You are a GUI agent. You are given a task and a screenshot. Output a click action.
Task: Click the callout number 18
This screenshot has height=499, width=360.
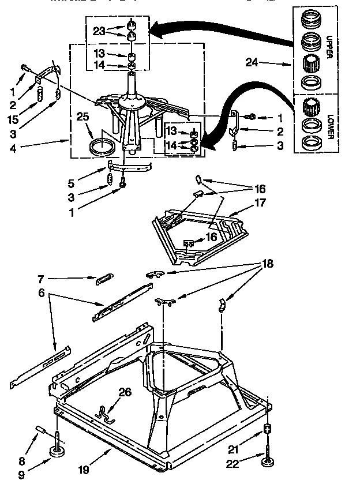pos(269,263)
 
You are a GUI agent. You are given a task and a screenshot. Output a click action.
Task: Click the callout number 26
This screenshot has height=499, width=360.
pos(125,392)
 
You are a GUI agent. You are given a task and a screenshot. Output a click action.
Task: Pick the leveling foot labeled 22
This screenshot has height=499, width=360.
pos(269,462)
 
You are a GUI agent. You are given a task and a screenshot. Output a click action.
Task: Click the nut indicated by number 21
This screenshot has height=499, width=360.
pos(268,430)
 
